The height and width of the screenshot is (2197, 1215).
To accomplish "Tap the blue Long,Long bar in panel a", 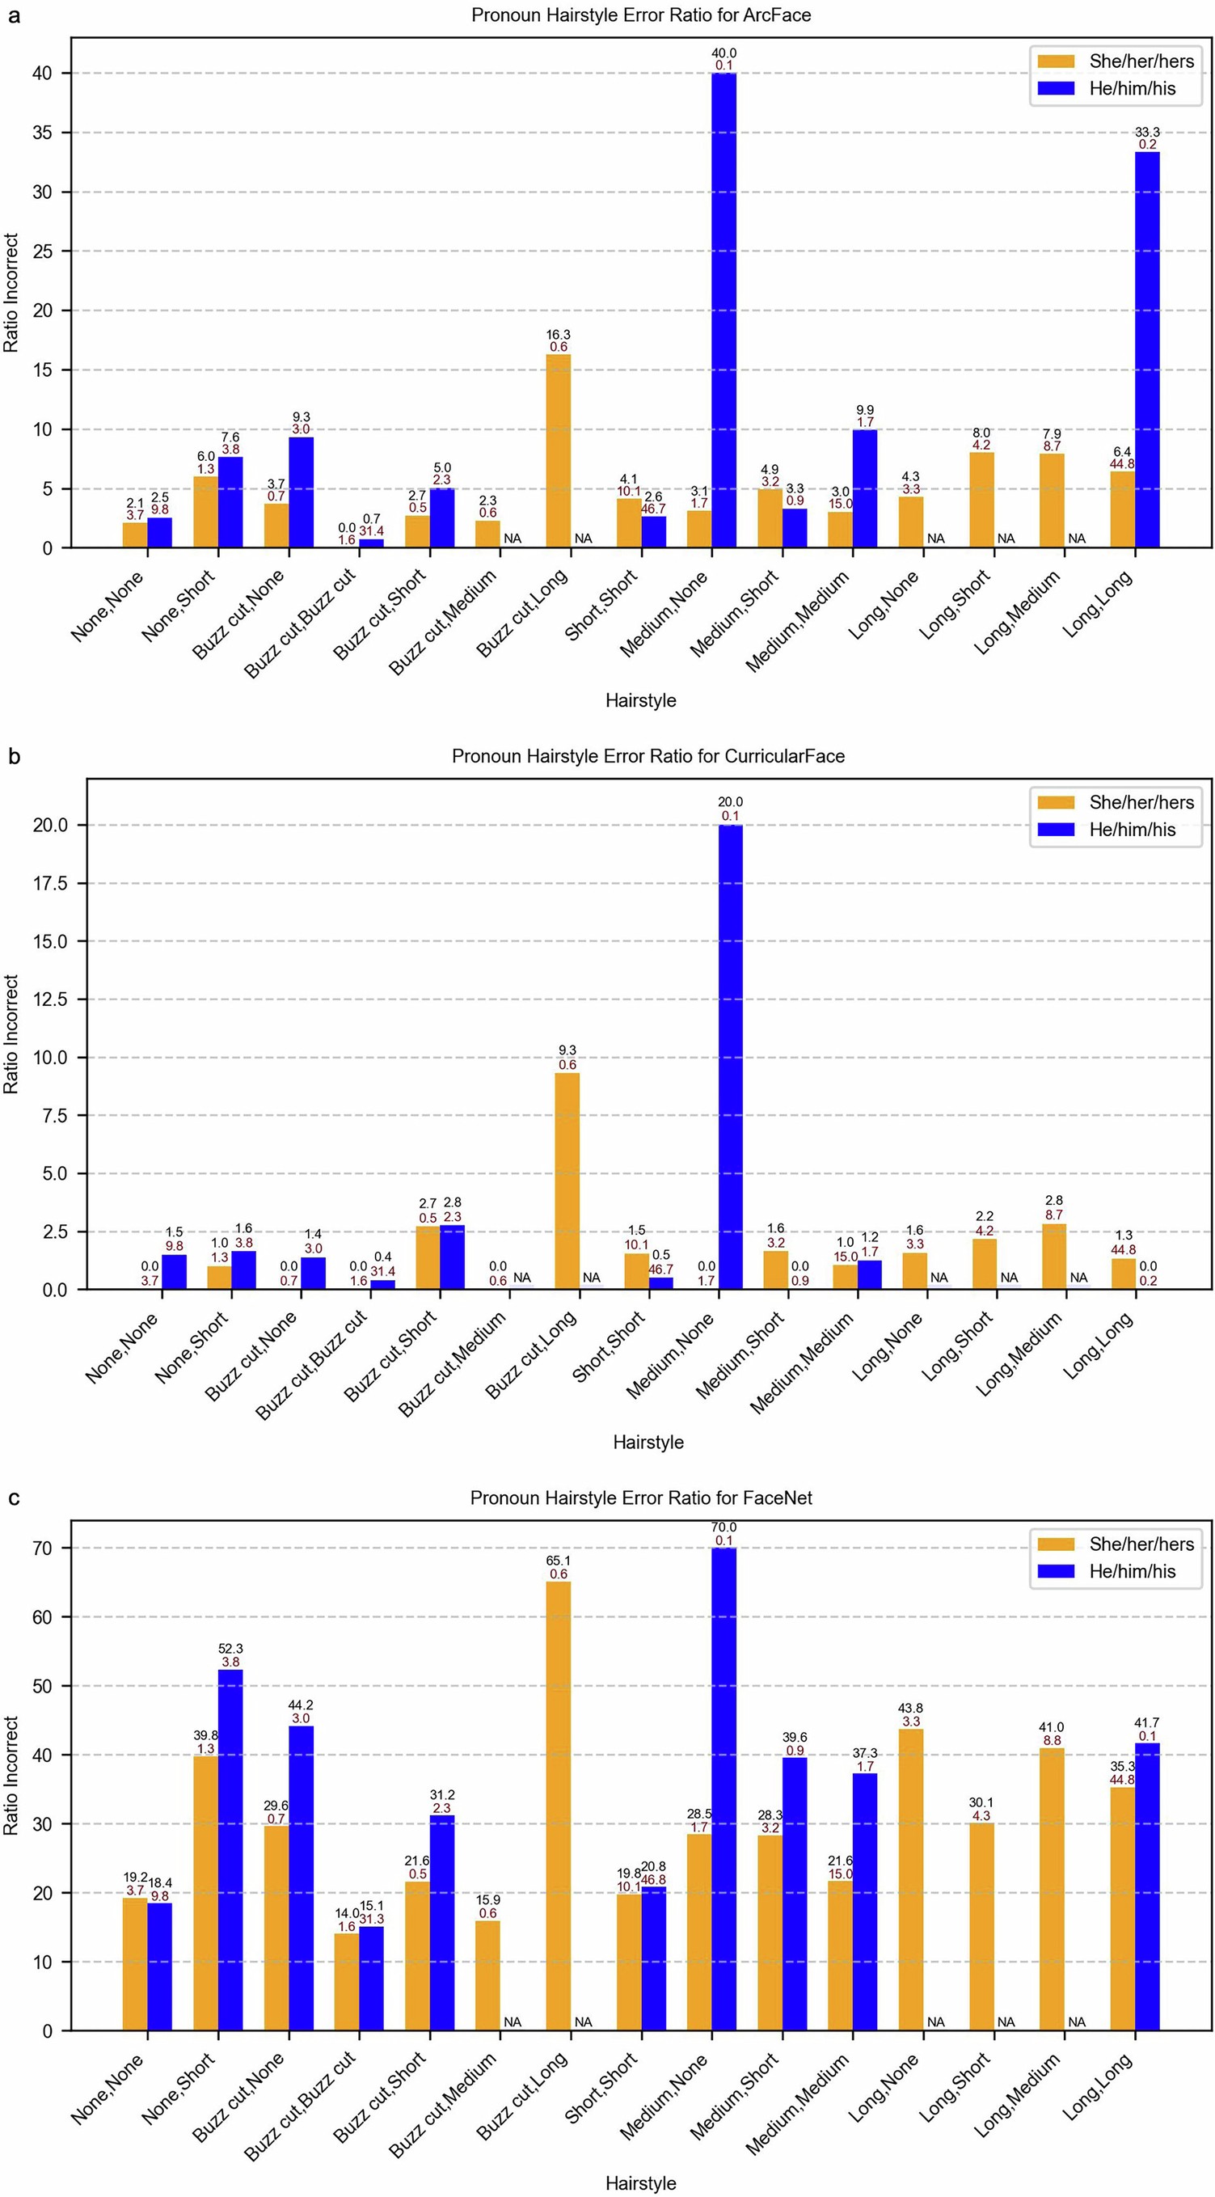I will [1147, 349].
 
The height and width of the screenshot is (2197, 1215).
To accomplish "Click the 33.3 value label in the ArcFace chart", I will [1147, 132].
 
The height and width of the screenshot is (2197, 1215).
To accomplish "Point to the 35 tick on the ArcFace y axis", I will [42, 132].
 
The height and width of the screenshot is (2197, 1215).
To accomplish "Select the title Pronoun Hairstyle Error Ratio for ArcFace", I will [640, 15].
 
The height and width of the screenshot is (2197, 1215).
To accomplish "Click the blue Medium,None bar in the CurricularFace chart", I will [730, 1057].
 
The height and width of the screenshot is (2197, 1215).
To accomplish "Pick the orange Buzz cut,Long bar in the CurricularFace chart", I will [567, 1181].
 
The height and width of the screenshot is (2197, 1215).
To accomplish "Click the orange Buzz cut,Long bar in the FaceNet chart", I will [559, 1807].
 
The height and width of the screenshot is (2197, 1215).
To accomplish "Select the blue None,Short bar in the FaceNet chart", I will [230, 1851].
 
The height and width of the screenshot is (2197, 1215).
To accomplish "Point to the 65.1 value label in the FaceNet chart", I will [559, 1561].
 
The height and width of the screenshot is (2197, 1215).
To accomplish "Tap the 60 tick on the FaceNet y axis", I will [42, 1617].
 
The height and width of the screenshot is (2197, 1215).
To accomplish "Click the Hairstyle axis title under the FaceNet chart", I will [640, 2183].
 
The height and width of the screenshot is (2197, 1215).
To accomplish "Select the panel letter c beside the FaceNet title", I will [13, 1498].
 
